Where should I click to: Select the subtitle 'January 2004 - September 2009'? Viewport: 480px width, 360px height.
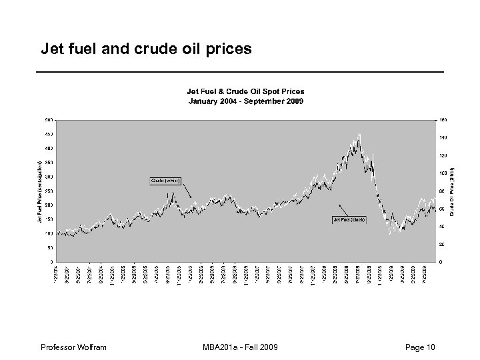click(x=246, y=102)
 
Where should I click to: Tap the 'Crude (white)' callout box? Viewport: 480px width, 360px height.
click(x=164, y=181)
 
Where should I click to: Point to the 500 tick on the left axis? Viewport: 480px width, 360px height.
click(x=49, y=120)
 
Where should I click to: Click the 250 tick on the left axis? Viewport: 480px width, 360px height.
click(x=49, y=191)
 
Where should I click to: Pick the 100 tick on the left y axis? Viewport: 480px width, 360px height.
click(x=49, y=233)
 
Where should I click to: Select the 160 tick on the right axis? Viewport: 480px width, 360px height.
click(x=443, y=120)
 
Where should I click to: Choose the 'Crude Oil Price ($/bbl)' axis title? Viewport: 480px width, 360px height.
click(x=451, y=191)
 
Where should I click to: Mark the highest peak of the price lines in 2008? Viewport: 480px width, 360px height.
click(x=359, y=135)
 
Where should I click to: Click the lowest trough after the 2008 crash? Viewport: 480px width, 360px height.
click(x=391, y=233)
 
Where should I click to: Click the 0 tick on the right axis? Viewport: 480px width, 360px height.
click(x=441, y=261)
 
